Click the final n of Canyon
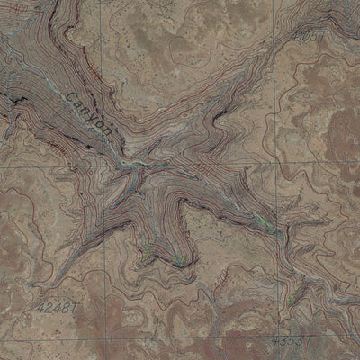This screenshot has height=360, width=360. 108,132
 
